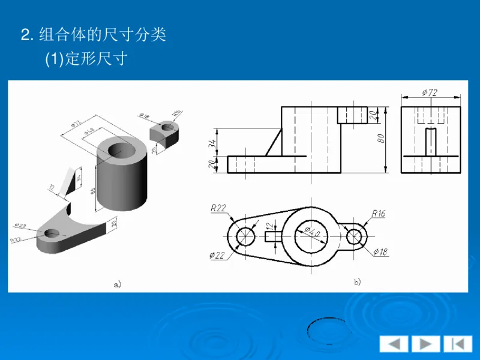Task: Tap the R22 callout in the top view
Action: pos(218,208)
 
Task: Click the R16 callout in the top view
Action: pos(378,212)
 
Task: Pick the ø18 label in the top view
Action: pos(380,251)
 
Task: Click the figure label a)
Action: pos(117,284)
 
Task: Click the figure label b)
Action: pos(357,281)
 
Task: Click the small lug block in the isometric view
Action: pos(166,134)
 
